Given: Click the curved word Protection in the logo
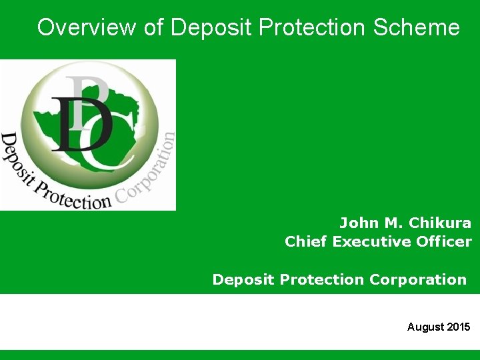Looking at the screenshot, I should [x=73, y=195].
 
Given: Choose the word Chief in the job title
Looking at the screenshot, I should [x=306, y=241].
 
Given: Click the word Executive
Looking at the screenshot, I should [x=369, y=241].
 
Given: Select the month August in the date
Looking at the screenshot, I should [x=425, y=327].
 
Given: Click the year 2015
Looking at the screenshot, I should [x=458, y=327].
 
